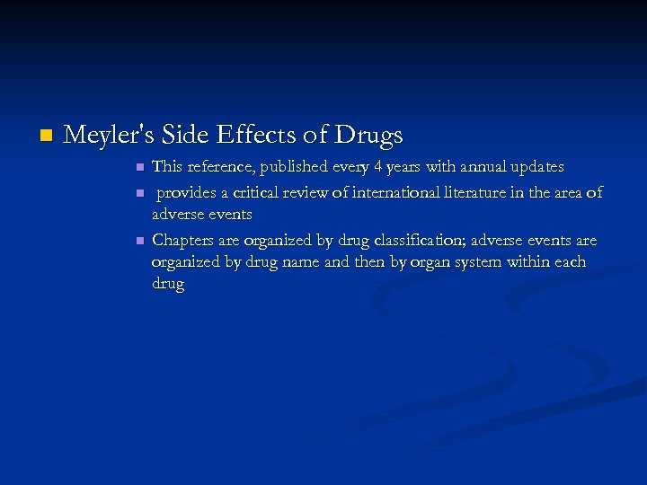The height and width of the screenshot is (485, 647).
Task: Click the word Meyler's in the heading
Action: click(x=100, y=136)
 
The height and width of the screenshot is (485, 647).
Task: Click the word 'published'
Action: click(x=299, y=168)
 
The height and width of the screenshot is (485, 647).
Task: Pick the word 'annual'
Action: click(x=482, y=167)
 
